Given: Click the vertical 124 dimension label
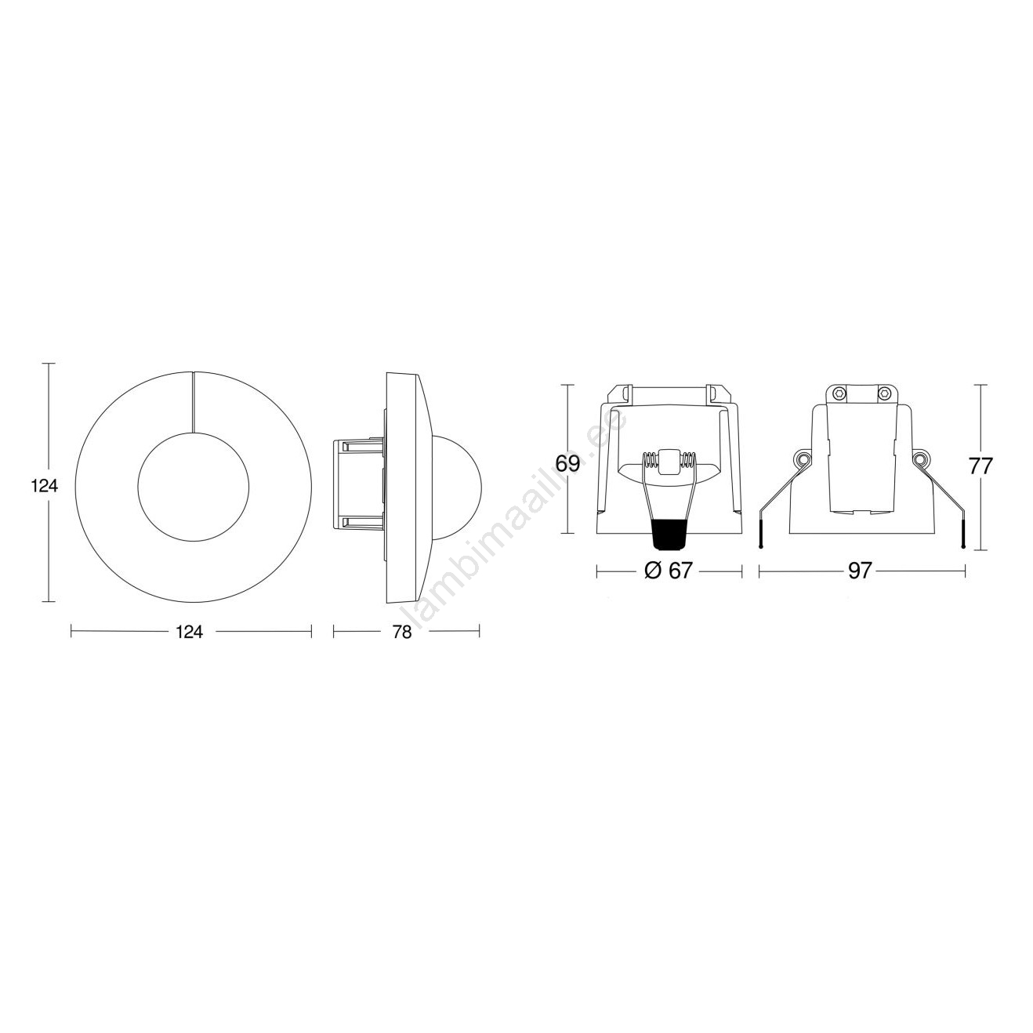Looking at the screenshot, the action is tap(45, 486).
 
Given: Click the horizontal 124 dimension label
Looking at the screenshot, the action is tap(189, 632).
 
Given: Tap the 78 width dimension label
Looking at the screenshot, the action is tap(401, 632).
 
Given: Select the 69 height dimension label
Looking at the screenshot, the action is tap(567, 462).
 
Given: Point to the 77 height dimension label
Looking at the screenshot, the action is tap(980, 466).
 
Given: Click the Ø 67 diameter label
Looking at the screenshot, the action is tap(669, 571).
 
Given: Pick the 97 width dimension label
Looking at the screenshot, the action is tap(861, 571).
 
